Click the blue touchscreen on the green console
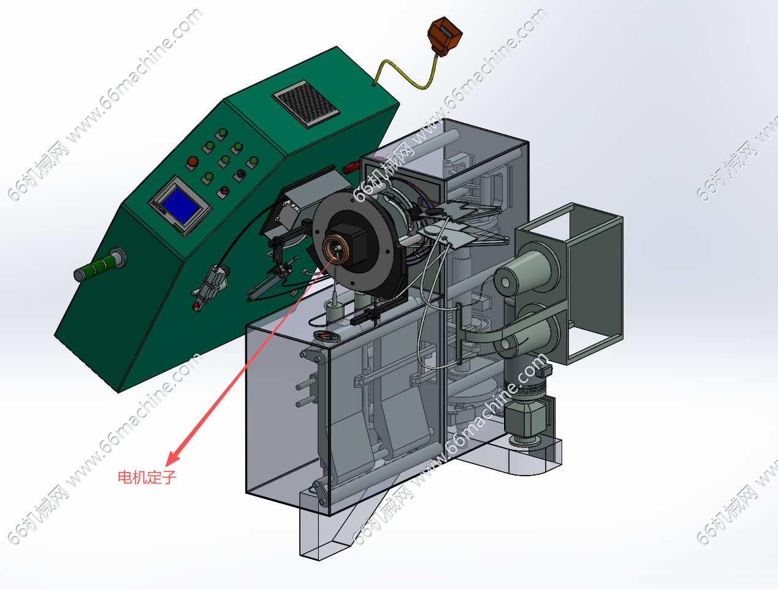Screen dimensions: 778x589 [x=180, y=205]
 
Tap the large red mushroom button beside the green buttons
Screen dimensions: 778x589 [x=193, y=162]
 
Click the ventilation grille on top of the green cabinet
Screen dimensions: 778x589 [x=306, y=104]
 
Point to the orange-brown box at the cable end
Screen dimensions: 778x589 [x=445, y=36]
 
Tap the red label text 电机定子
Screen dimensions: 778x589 [x=147, y=477]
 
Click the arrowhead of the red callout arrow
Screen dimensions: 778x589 [x=174, y=458]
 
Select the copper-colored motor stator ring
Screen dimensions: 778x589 [x=335, y=249]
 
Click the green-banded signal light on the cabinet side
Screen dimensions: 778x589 [x=100, y=264]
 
